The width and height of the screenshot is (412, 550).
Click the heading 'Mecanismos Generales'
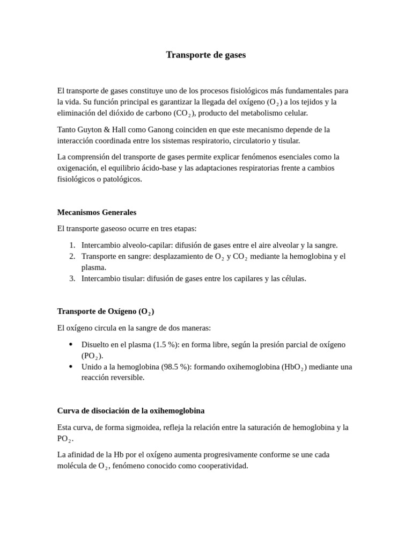pyautogui.click(x=97, y=212)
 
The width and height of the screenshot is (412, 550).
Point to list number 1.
pyautogui.click(x=72, y=245)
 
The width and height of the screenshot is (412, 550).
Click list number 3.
pyautogui.click(x=72, y=278)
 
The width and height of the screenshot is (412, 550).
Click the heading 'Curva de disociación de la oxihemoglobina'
pyautogui.click(x=131, y=410)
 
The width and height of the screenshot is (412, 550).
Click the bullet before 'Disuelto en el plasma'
pyautogui.click(x=70, y=344)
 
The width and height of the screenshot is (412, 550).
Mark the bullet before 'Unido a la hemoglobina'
pyautogui.click(x=70, y=367)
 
